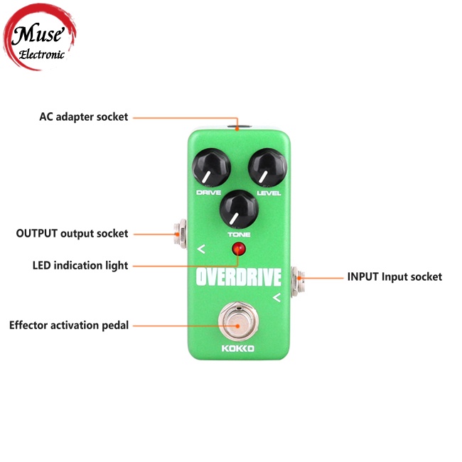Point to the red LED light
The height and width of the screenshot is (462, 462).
point(238,249)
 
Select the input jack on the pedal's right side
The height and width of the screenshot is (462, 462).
point(298,276)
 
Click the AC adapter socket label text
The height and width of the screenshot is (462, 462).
point(83,117)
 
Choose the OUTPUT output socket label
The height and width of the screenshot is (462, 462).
point(72,233)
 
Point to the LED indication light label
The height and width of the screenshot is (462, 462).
point(80,266)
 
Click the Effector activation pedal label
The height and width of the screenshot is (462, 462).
point(69,326)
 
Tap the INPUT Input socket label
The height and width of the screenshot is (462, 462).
point(394,276)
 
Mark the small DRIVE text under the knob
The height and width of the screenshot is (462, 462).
point(208,193)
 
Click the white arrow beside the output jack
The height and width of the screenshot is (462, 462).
point(201,249)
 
